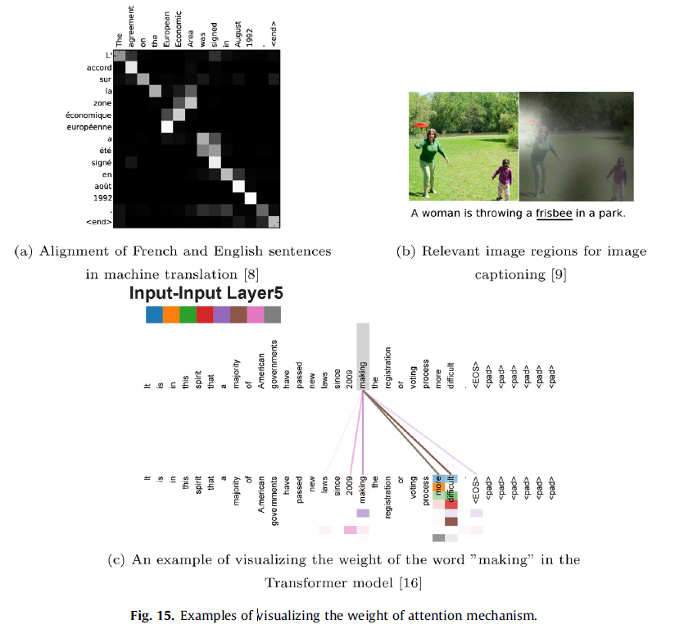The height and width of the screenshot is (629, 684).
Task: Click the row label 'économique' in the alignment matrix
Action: click(x=88, y=115)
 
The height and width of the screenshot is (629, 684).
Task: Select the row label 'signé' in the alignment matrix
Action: click(x=100, y=162)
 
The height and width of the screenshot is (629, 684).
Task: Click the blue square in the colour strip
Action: click(x=153, y=315)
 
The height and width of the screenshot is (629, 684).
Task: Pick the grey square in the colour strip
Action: click(x=273, y=315)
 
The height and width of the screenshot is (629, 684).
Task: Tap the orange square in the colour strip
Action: click(x=170, y=315)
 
